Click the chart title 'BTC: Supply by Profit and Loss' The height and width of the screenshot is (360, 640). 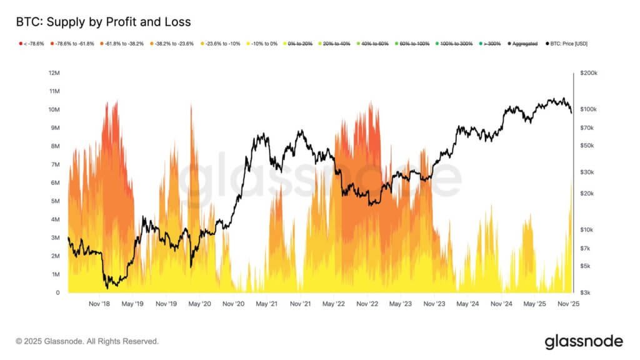pyautogui.click(x=103, y=22)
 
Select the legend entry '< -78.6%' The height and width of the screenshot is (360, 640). pyautogui.click(x=32, y=44)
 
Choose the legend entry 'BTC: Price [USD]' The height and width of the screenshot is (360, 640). pyautogui.click(x=566, y=44)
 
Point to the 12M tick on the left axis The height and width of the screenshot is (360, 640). pyautogui.click(x=54, y=73)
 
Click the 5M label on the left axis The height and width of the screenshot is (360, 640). pyautogui.click(x=55, y=201)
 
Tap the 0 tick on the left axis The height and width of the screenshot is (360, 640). pyautogui.click(x=57, y=292)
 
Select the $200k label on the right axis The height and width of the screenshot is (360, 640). pyautogui.click(x=589, y=73)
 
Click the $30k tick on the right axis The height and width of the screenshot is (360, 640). pyautogui.click(x=588, y=172)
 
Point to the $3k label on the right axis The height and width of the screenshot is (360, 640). pyautogui.click(x=587, y=292)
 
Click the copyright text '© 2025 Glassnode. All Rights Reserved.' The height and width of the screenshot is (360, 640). pyautogui.click(x=87, y=341)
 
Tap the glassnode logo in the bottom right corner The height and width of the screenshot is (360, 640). pyautogui.click(x=584, y=341)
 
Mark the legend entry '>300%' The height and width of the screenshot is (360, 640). pyautogui.click(x=491, y=44)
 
